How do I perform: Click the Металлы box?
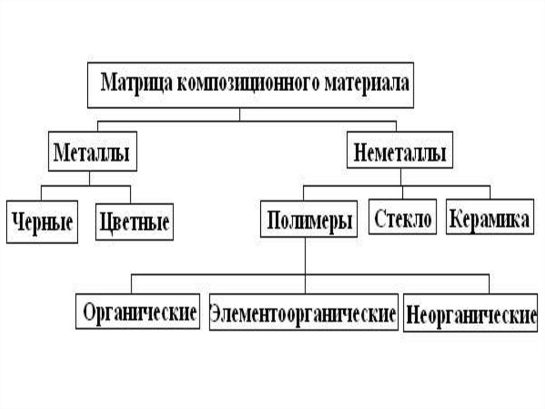pyautogui.click(x=92, y=153)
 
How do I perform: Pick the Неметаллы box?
pyautogui.click(x=400, y=153)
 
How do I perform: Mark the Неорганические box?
pyautogui.click(x=470, y=314)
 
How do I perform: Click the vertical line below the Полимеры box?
pyautogui.click(x=305, y=256)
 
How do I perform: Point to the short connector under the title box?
pyautogui.click(x=240, y=114)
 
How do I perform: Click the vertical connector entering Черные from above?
pyautogui.click(x=41, y=193)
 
